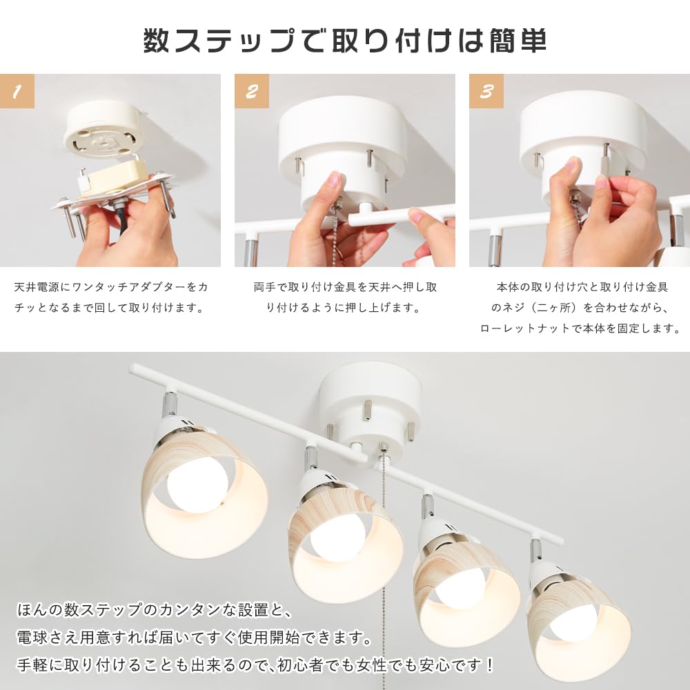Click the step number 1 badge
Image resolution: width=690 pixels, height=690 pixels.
[x=17, y=91]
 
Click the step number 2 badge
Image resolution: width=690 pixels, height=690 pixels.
[x=252, y=91]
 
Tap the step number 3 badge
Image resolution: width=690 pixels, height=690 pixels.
[x=486, y=91]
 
